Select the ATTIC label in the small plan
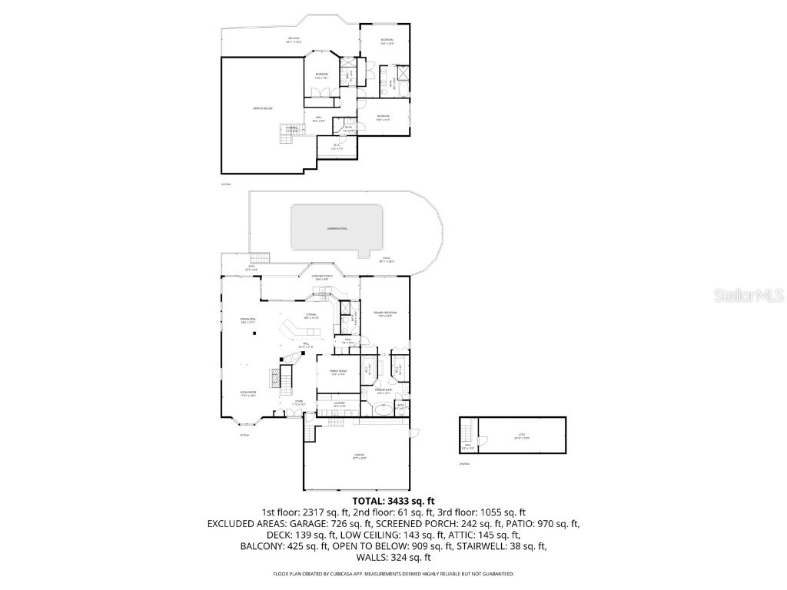click(522, 436)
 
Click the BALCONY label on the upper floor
click(294, 40)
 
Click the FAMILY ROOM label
click(338, 372)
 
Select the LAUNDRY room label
click(338, 403)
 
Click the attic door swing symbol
click(481, 441)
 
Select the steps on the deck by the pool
click(263, 258)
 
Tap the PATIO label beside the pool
click(386, 260)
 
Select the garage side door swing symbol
click(309, 434)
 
